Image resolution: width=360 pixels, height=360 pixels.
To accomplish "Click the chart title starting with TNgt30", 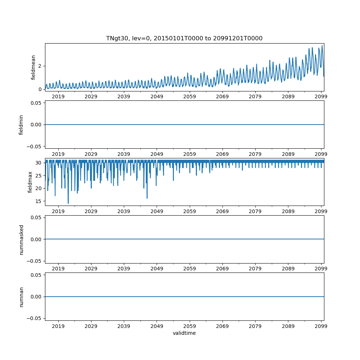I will pos(184,38).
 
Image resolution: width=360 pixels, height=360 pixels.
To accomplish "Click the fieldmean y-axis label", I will pos(33,67).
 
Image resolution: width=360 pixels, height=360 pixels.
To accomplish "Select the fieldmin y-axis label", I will pos(21,125).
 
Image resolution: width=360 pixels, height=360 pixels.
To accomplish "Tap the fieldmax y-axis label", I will pos(30,182).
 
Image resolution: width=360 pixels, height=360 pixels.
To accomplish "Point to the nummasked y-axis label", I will pos(21,239).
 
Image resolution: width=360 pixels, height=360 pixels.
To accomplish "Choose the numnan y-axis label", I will pos(21,297).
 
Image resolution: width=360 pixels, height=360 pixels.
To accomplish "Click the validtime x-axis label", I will pos(184,333).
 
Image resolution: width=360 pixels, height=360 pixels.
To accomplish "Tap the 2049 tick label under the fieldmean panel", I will pos(157,96).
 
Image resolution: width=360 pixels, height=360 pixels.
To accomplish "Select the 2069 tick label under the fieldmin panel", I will pos(222,154).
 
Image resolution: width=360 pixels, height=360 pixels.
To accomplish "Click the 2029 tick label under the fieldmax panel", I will pos(91,211).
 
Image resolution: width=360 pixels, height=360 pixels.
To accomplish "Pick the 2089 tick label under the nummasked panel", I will pos(288,269).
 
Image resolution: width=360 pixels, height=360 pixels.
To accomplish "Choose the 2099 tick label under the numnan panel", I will pos(321,326).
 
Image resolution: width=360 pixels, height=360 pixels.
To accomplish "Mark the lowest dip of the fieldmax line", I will pos(68,203).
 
